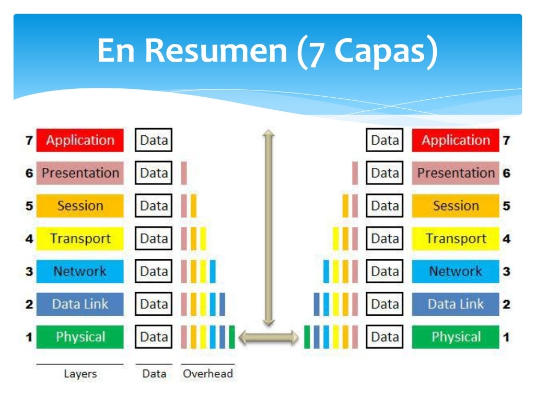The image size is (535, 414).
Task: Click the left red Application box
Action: pos(80,140)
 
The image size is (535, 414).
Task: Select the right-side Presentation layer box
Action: pos(456,173)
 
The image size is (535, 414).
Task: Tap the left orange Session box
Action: pos(80,206)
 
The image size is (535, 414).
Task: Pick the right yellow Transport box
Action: pos(456,239)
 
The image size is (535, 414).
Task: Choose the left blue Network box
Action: pos(80,271)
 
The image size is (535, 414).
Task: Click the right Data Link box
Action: pos(456,304)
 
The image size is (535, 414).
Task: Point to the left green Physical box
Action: pos(80,337)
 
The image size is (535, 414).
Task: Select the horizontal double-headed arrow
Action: pos(269,337)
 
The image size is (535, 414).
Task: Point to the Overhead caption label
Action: pos(208,374)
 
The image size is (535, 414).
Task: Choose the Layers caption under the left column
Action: pos(80,374)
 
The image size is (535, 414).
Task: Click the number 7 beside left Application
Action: pos(29,140)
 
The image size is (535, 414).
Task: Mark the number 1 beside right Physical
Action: pos(506,337)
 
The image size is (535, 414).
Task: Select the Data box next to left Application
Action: pos(154,140)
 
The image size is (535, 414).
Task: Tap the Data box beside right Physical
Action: pos(385,337)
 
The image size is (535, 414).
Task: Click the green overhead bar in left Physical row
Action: pos(231,337)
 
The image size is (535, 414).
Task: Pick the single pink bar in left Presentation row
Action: pos(184,173)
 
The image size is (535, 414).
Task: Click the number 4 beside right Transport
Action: pos(506,239)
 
